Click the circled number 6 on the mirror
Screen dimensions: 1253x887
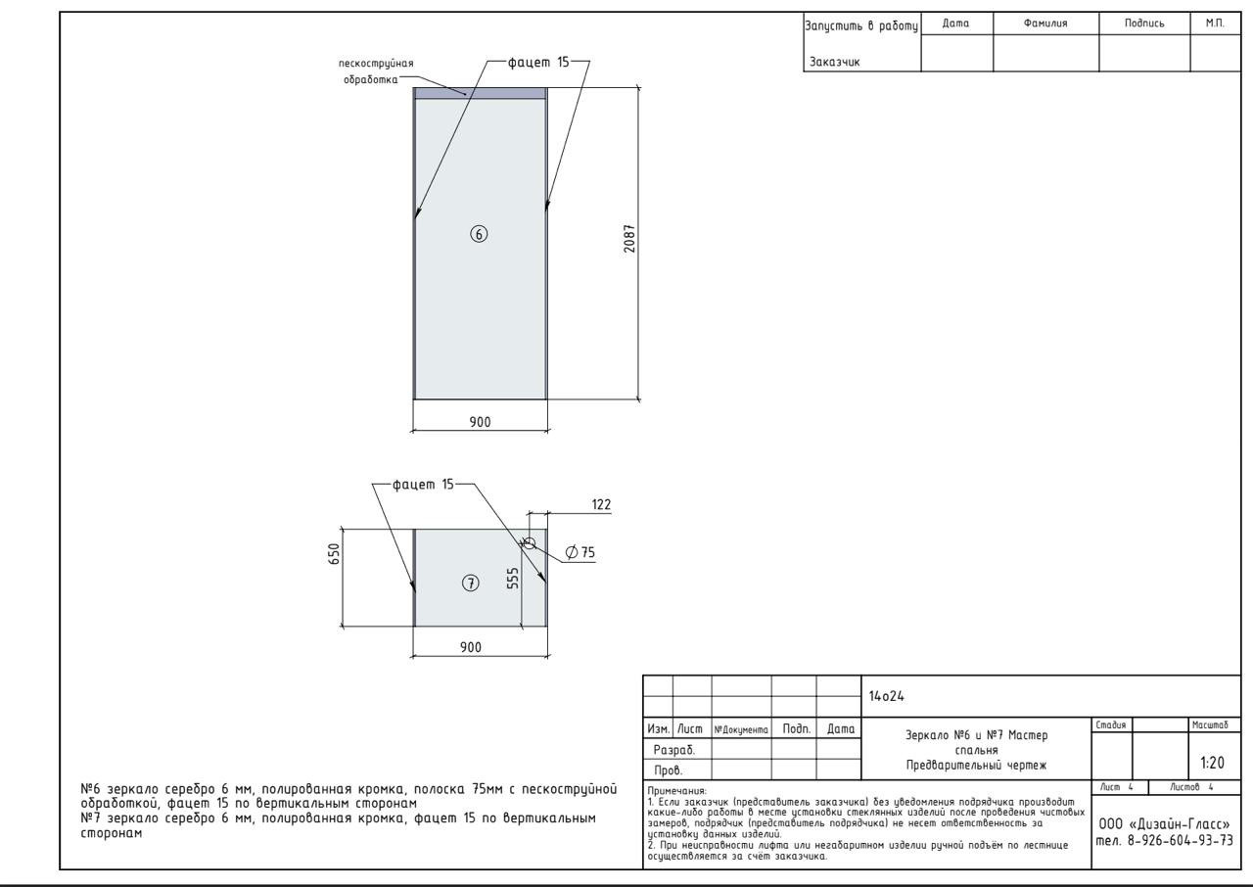tap(479, 234)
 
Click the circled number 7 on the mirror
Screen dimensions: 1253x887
tap(471, 584)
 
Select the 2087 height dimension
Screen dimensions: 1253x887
tap(629, 239)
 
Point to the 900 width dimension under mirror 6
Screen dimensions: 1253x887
tap(480, 422)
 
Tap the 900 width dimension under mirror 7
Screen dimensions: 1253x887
tap(471, 647)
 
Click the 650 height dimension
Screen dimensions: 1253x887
tap(334, 554)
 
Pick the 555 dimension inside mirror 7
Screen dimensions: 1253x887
tap(512, 579)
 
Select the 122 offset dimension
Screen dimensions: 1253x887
tap(601, 504)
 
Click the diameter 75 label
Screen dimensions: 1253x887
tap(580, 552)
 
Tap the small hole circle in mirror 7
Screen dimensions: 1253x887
tap(530, 543)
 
